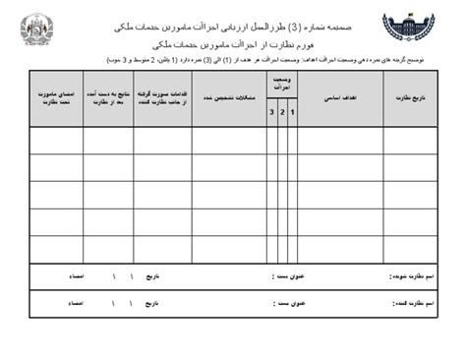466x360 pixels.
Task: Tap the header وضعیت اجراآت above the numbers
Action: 280,82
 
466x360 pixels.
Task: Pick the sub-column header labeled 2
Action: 281,114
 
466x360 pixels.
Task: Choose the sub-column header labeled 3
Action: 271,114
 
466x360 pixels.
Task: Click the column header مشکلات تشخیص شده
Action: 228,98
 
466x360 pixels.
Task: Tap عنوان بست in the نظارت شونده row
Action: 288,277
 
